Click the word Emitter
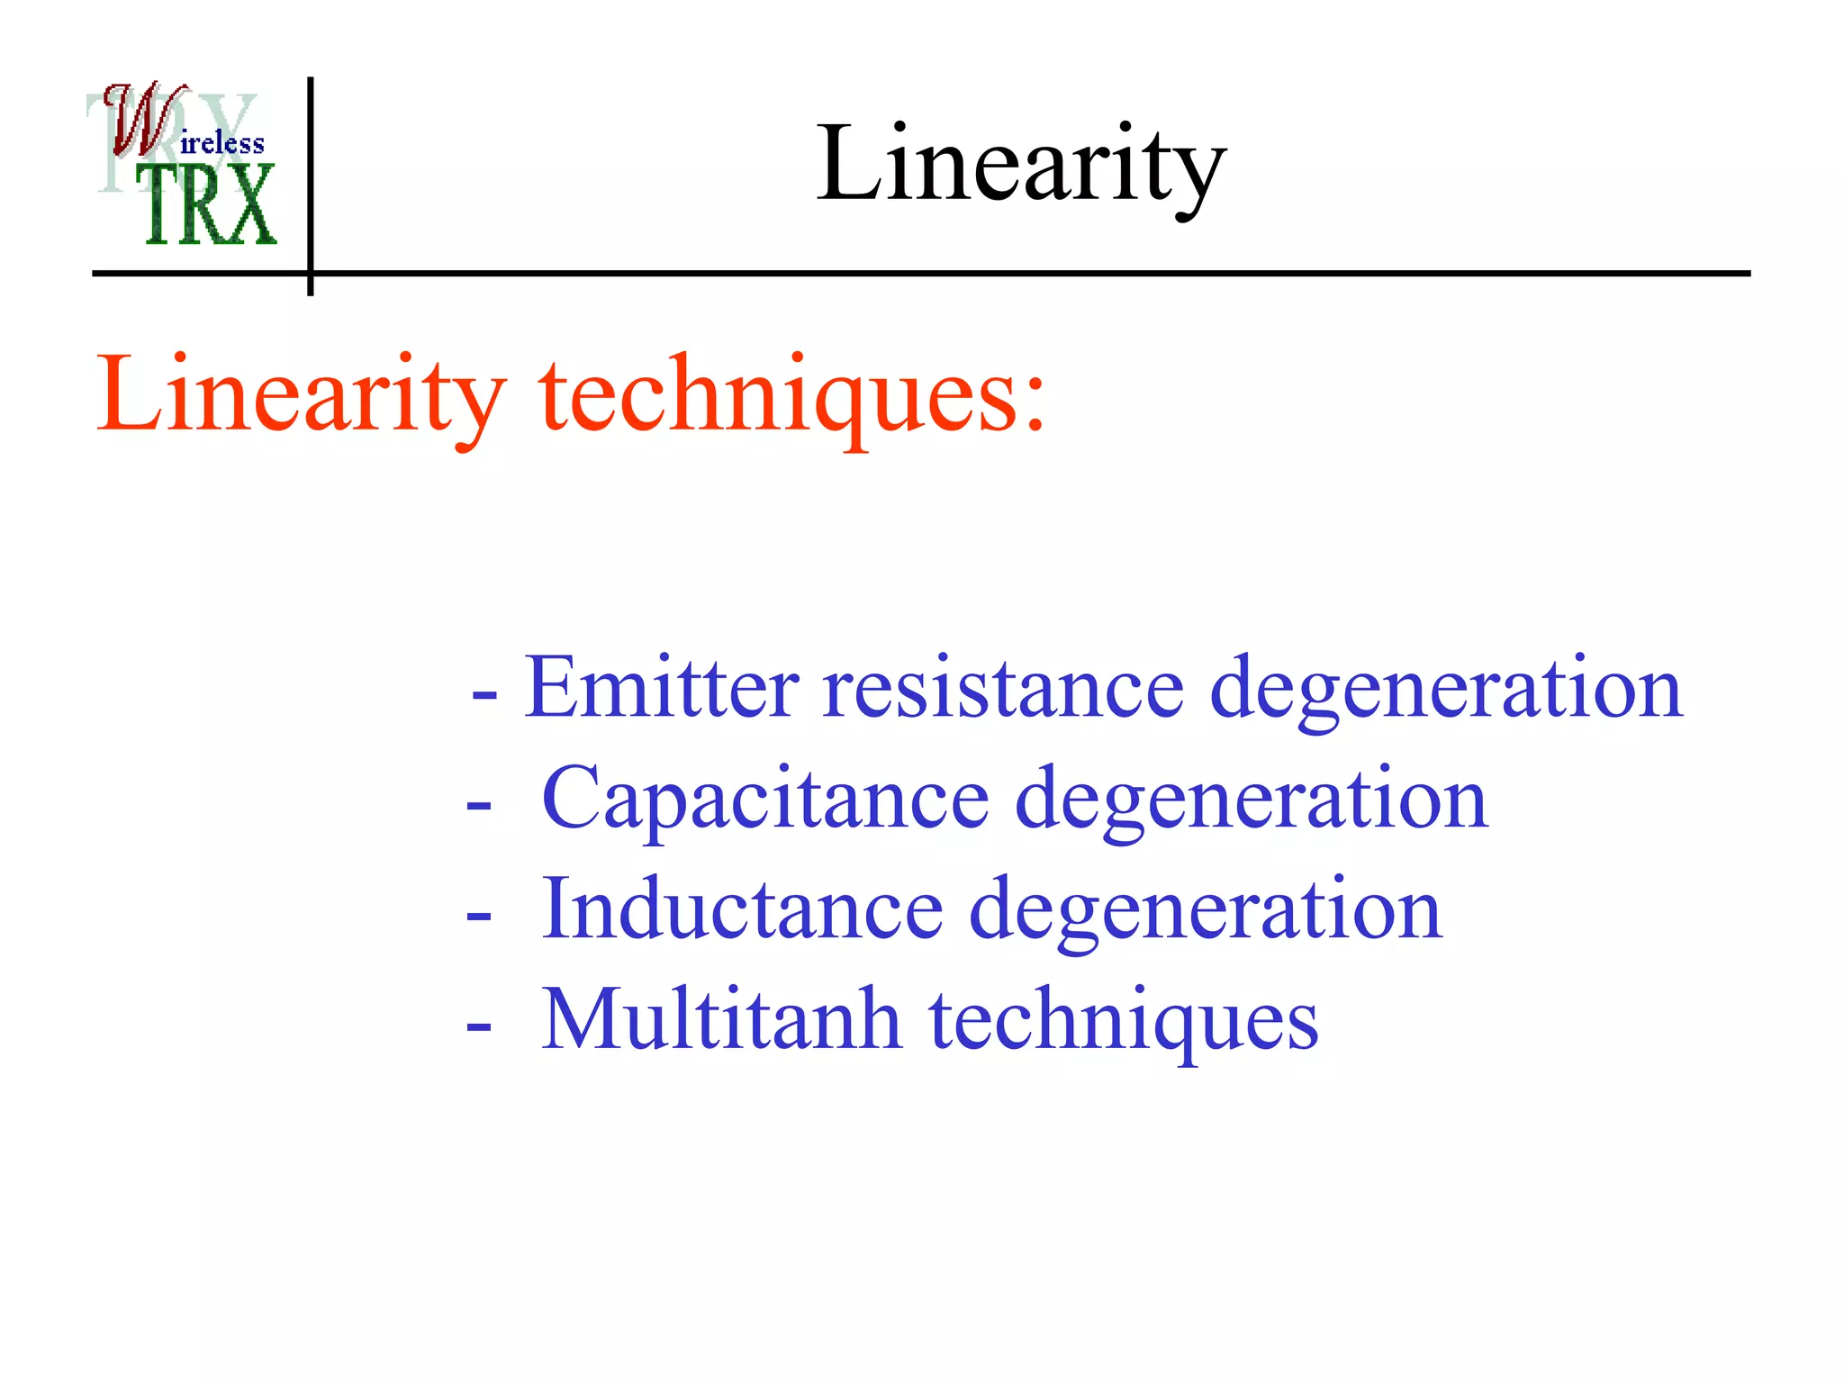[x=662, y=688]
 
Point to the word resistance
[x=1003, y=688]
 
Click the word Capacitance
[x=765, y=799]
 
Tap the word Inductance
[x=742, y=909]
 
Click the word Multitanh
[x=721, y=1020]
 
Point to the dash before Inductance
[x=479, y=916]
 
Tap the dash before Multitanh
[x=479, y=1026]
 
